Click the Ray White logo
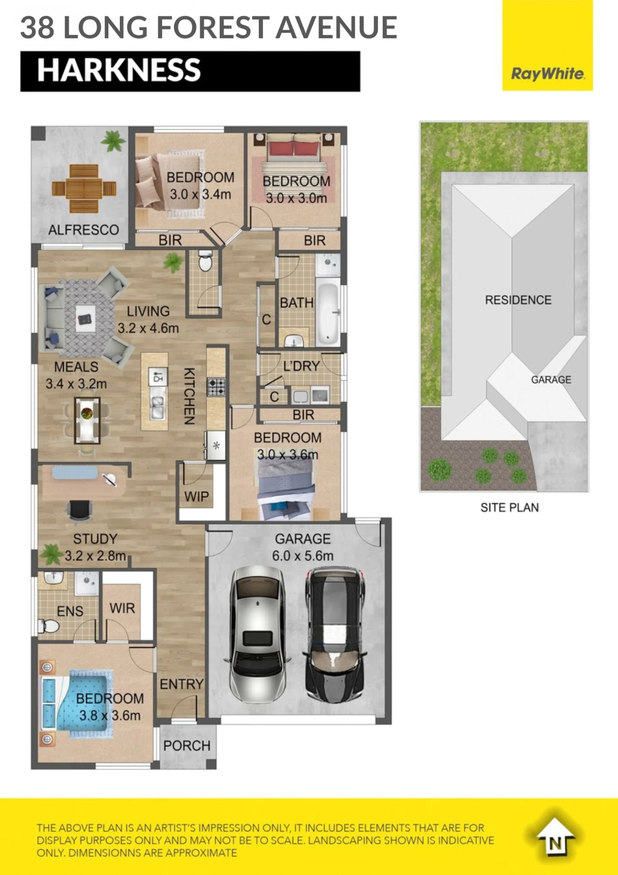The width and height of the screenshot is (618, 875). (x=548, y=45)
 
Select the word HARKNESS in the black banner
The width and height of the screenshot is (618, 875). (x=119, y=70)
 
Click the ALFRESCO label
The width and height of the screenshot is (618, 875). (x=83, y=230)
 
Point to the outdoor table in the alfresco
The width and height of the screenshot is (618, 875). (x=84, y=189)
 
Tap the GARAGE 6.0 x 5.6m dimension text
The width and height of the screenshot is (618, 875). (x=303, y=547)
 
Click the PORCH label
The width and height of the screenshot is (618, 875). (x=187, y=745)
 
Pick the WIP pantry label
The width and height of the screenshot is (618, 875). (x=197, y=497)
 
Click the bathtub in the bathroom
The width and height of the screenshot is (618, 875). (x=328, y=313)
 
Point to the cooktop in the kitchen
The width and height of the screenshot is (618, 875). (x=216, y=387)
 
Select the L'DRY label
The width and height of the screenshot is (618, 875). (x=302, y=366)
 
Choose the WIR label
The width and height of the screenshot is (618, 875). (x=122, y=608)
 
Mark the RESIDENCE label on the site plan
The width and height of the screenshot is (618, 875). (x=518, y=300)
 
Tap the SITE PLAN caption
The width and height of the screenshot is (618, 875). (x=510, y=507)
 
